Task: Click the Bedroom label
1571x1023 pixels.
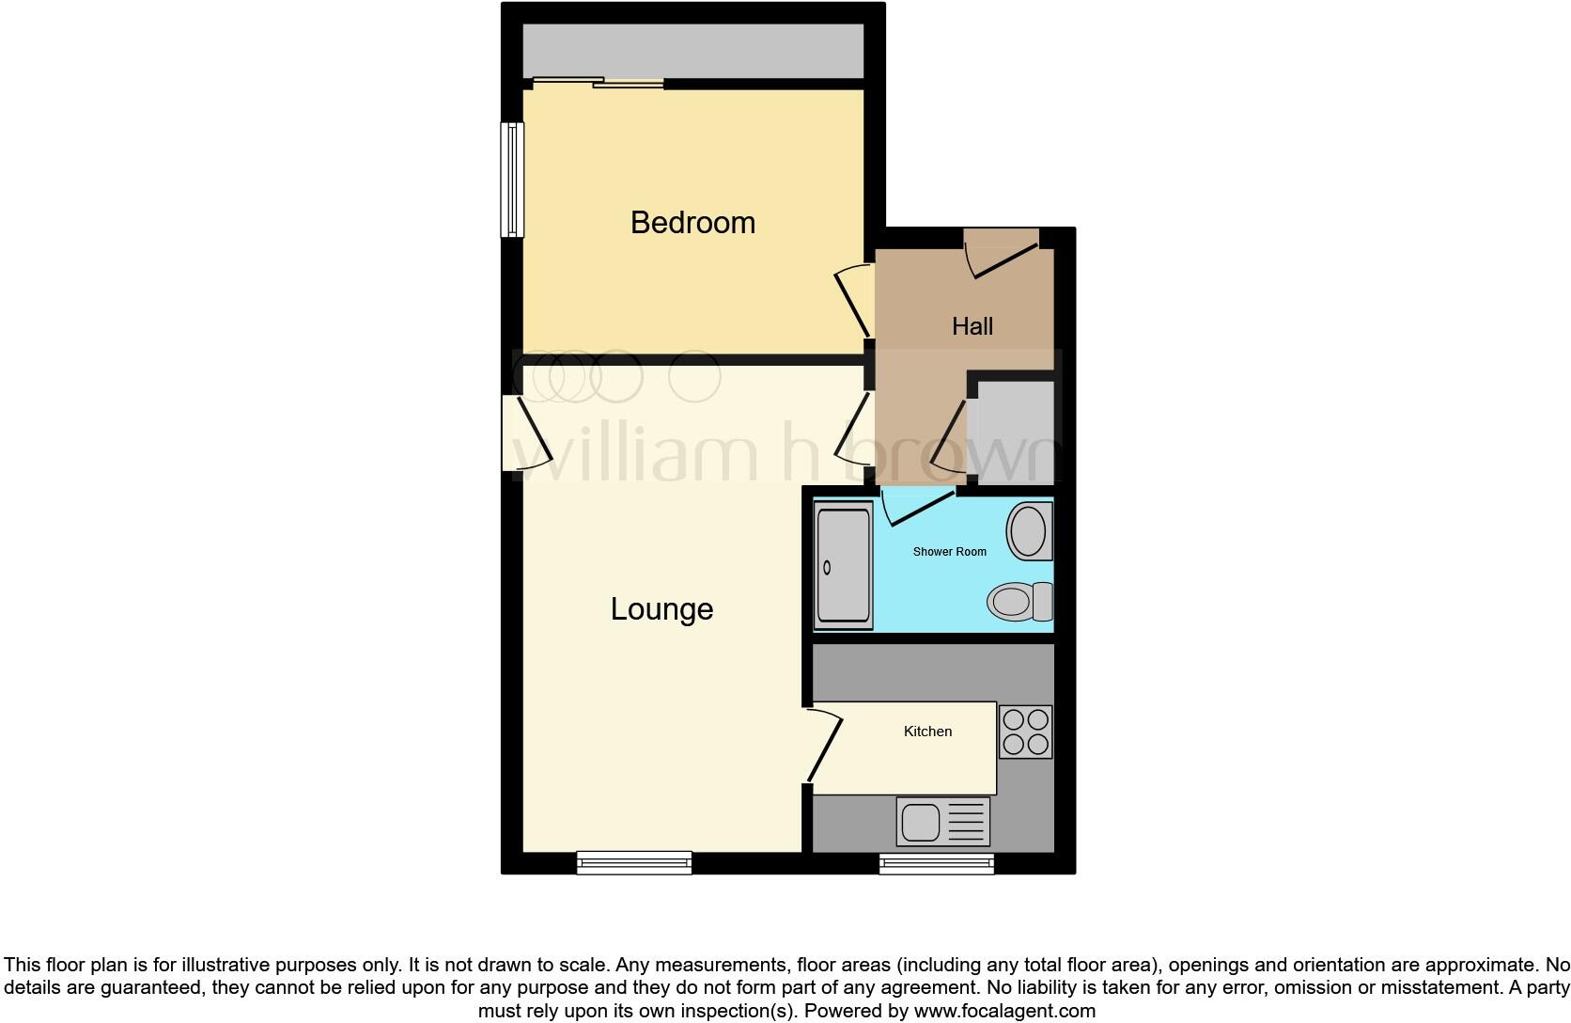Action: click(692, 223)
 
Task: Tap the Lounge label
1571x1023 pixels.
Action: click(661, 609)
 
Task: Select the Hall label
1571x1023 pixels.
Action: click(972, 326)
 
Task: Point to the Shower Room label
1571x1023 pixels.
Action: click(949, 552)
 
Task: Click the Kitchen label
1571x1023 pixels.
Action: click(927, 732)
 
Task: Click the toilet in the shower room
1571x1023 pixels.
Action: click(1019, 602)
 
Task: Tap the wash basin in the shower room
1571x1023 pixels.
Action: click(1029, 531)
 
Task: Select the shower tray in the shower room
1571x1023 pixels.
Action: click(843, 566)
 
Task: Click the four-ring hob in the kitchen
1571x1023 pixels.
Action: click(1025, 732)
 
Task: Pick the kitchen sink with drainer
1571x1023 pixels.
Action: click(942, 822)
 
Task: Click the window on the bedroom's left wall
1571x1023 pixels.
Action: click(512, 180)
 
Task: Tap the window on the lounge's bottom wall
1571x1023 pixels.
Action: click(634, 861)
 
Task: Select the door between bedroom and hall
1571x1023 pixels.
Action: click(854, 301)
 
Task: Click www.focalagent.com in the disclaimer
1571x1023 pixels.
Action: click(1004, 1012)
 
